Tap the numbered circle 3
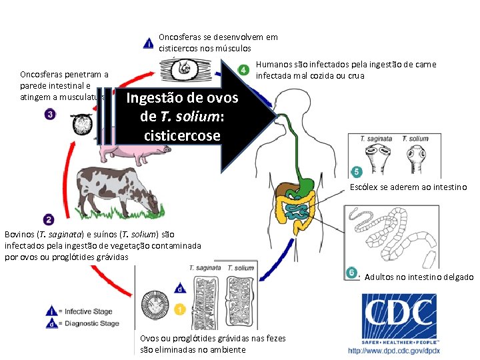click(50, 115)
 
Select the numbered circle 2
click(49, 219)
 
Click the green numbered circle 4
click(245, 70)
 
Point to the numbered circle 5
click(356, 173)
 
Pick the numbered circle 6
click(351, 273)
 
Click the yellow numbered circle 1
click(179, 309)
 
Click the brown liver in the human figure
click(287, 190)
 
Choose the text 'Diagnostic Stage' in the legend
click(89, 323)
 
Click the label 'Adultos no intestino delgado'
click(419, 277)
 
